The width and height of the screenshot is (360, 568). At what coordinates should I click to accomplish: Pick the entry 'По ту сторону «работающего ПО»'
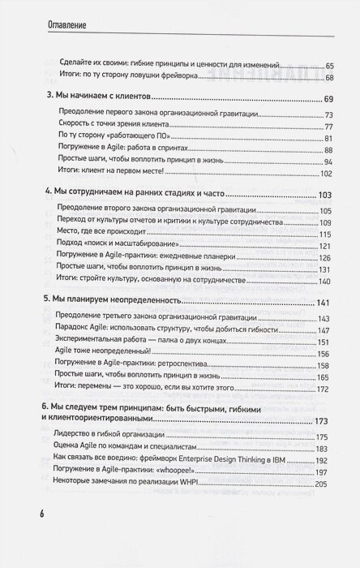[x=108, y=140]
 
